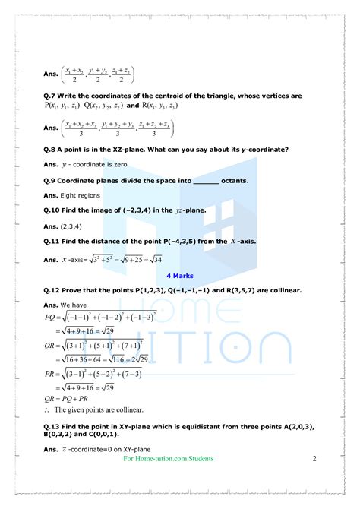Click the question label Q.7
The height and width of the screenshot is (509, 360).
(x=50, y=96)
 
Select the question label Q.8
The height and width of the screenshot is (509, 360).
(x=50, y=150)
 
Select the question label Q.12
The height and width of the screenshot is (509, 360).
(x=52, y=291)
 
